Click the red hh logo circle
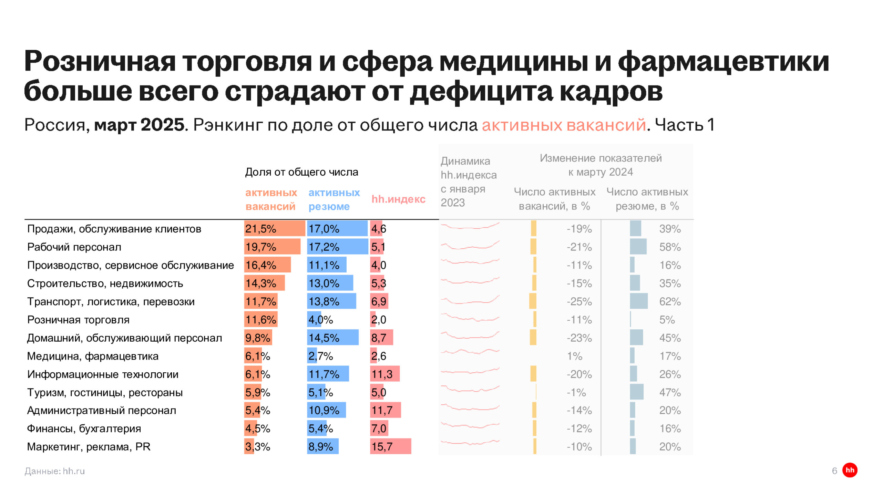point(850,470)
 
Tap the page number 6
point(834,471)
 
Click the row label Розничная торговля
point(78,320)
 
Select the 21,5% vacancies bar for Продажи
point(274,228)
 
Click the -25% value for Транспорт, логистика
point(579,301)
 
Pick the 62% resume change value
point(670,301)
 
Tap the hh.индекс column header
point(398,199)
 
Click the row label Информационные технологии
point(103,374)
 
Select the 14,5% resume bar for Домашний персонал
point(332,338)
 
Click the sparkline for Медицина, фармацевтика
point(470,352)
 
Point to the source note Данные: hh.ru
point(54,471)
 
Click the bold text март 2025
point(140,125)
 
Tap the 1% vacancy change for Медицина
point(575,356)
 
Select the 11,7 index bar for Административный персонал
point(385,410)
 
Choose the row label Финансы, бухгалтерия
point(84,428)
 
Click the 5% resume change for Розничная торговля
point(667,320)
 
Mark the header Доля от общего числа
point(301,172)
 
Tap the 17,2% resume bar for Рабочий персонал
point(337,247)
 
